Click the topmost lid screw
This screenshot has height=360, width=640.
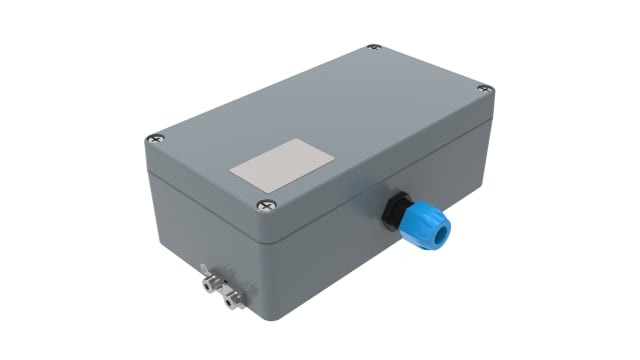(373, 48)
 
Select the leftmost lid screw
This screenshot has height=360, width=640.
(153, 139)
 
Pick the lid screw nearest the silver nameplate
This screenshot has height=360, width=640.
(264, 205)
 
